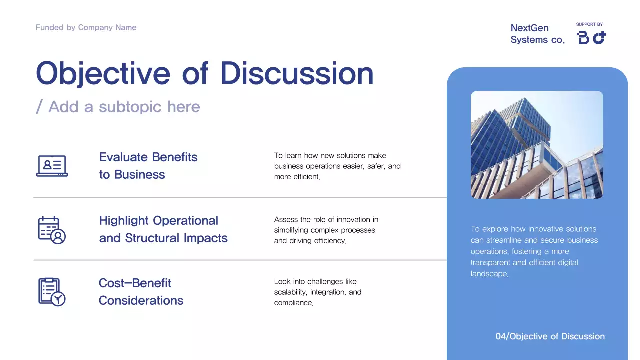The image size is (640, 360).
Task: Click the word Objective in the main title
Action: point(103,74)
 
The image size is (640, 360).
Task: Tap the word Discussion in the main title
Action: point(297,74)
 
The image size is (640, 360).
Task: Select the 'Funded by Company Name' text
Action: point(86,28)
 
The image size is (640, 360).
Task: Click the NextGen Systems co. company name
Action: point(537,34)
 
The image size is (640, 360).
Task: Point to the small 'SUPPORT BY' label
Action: point(589,24)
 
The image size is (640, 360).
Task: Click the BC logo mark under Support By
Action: point(591,38)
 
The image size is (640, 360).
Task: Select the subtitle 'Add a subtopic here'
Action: point(124,107)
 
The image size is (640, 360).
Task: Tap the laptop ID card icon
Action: point(52,166)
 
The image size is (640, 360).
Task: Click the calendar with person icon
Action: point(52,230)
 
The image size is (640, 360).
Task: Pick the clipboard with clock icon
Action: point(52,292)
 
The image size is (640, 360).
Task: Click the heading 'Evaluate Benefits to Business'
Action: point(148,166)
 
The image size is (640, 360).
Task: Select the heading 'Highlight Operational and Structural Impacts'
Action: point(163,229)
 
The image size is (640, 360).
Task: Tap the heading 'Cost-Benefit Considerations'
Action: point(141,292)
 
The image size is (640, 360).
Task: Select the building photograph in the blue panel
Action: point(537,145)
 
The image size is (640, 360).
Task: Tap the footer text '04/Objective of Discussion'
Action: point(550,337)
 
